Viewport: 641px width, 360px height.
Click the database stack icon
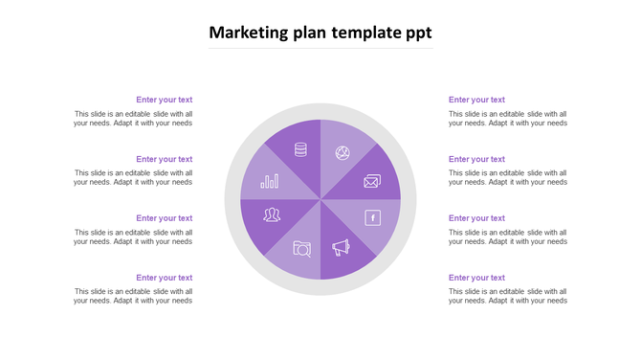[x=300, y=149]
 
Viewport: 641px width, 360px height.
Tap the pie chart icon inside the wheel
[x=342, y=153]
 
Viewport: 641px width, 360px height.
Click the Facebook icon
[x=373, y=217]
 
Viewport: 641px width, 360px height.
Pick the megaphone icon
[x=342, y=248]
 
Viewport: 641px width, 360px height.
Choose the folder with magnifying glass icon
[x=301, y=249]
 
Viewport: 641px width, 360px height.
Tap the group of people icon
[x=272, y=214]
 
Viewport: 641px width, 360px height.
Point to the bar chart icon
[x=270, y=180]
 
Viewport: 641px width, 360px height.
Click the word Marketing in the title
[x=248, y=33]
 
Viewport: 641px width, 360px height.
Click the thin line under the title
[x=320, y=48]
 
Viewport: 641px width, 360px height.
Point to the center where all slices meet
[x=320, y=199]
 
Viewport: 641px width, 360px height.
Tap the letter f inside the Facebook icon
[x=373, y=217]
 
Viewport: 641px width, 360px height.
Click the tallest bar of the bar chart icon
[x=276, y=179]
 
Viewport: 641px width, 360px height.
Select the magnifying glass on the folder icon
[x=303, y=251]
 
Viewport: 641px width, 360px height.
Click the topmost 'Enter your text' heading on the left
[x=164, y=100]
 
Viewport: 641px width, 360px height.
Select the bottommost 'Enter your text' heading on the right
[x=476, y=278]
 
